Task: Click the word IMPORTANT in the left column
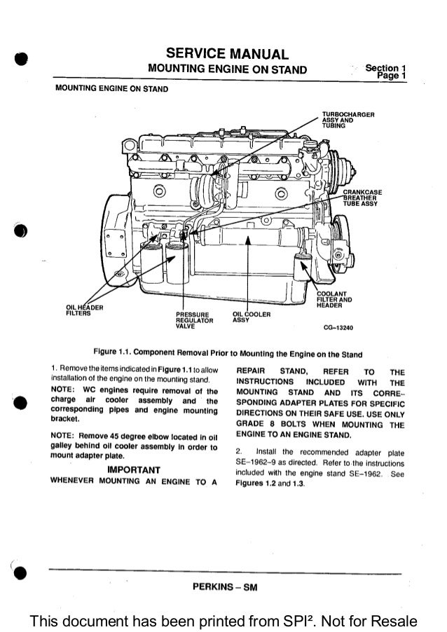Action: click(133, 469)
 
